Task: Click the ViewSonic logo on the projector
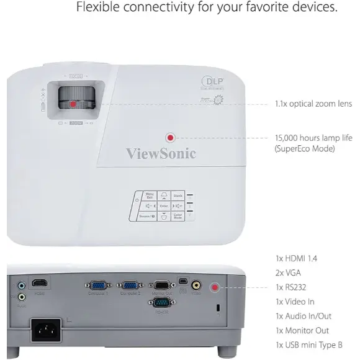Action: (x=161, y=153)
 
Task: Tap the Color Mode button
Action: (x=178, y=216)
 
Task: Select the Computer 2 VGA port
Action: (x=129, y=286)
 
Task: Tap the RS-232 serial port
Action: (x=161, y=303)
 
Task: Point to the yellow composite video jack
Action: (x=196, y=286)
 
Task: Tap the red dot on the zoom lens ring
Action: (x=73, y=104)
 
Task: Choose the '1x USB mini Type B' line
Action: (x=308, y=344)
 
